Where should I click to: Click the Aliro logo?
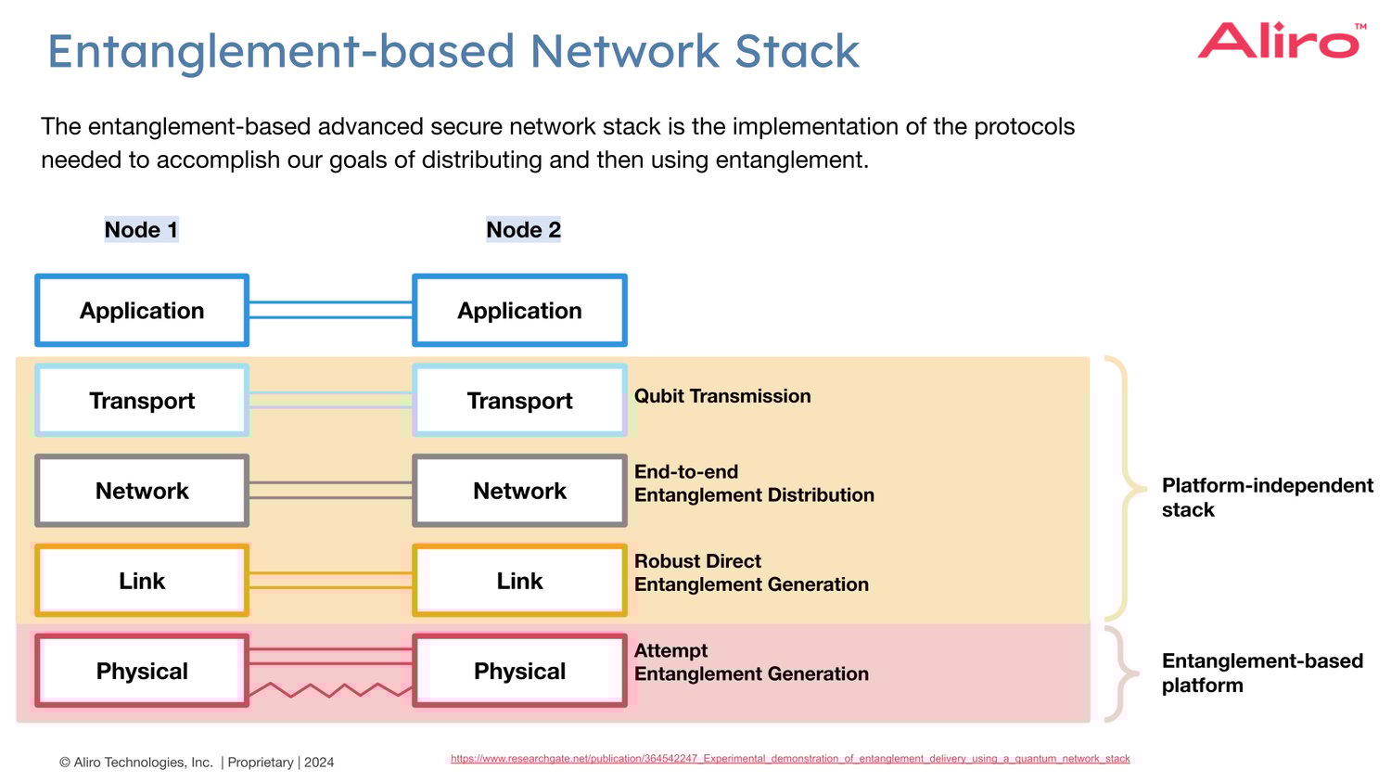coord(1280,42)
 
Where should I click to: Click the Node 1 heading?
coord(141,229)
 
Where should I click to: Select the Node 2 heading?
coord(523,229)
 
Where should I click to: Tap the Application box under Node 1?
coord(142,311)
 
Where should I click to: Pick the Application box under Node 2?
coord(519,311)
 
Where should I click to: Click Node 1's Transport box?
coord(142,401)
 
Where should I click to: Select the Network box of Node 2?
coord(519,491)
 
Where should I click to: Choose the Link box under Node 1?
coord(142,581)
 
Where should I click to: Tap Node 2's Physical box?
coord(519,671)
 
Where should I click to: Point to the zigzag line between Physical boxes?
coord(330,690)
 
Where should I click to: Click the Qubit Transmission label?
coord(722,396)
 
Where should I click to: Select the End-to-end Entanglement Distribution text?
coord(753,483)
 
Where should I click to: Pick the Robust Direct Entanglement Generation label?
coord(751,572)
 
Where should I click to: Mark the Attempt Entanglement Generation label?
coord(751,662)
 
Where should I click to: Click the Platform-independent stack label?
coord(1266,497)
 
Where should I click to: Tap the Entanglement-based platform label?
coord(1261,673)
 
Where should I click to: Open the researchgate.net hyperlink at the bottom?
coord(790,759)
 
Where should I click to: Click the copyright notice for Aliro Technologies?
coord(197,763)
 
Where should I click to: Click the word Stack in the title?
coord(797,51)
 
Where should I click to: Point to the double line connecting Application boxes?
coord(330,310)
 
